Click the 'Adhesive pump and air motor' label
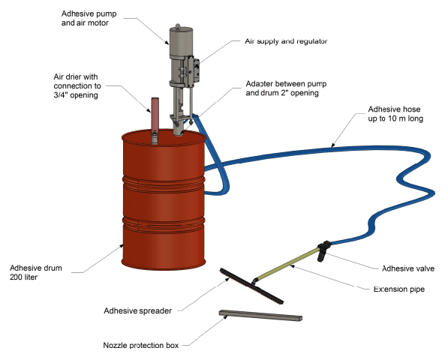click(x=89, y=18)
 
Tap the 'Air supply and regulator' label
click(x=286, y=41)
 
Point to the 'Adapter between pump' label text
click(x=286, y=84)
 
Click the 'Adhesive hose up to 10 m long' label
click(x=395, y=114)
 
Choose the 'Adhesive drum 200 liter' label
click(x=36, y=272)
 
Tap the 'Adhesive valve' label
click(x=408, y=268)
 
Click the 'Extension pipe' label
click(x=399, y=289)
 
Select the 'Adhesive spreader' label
click(x=138, y=310)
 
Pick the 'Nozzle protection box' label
click(x=141, y=345)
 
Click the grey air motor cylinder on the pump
click(x=181, y=42)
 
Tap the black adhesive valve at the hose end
click(x=323, y=250)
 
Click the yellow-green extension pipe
click(x=287, y=265)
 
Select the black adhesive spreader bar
click(x=251, y=286)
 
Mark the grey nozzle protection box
click(x=260, y=316)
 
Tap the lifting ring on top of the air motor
click(x=177, y=25)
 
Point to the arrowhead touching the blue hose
click(x=332, y=145)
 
